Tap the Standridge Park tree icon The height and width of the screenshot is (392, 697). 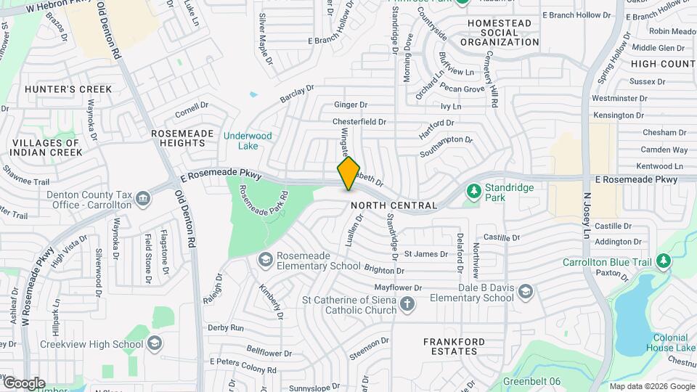(474, 191)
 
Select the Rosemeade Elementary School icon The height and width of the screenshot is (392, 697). (266, 259)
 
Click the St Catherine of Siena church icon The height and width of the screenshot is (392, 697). (407, 303)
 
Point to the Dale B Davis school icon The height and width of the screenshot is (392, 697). (525, 292)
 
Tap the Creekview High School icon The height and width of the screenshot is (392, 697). (154, 343)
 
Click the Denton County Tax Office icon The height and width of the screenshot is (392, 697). (143, 198)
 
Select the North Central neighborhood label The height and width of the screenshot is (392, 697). (394, 205)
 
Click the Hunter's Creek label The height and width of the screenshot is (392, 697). (68, 89)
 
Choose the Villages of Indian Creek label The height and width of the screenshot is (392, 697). (45, 147)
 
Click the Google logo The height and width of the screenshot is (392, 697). (24, 383)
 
